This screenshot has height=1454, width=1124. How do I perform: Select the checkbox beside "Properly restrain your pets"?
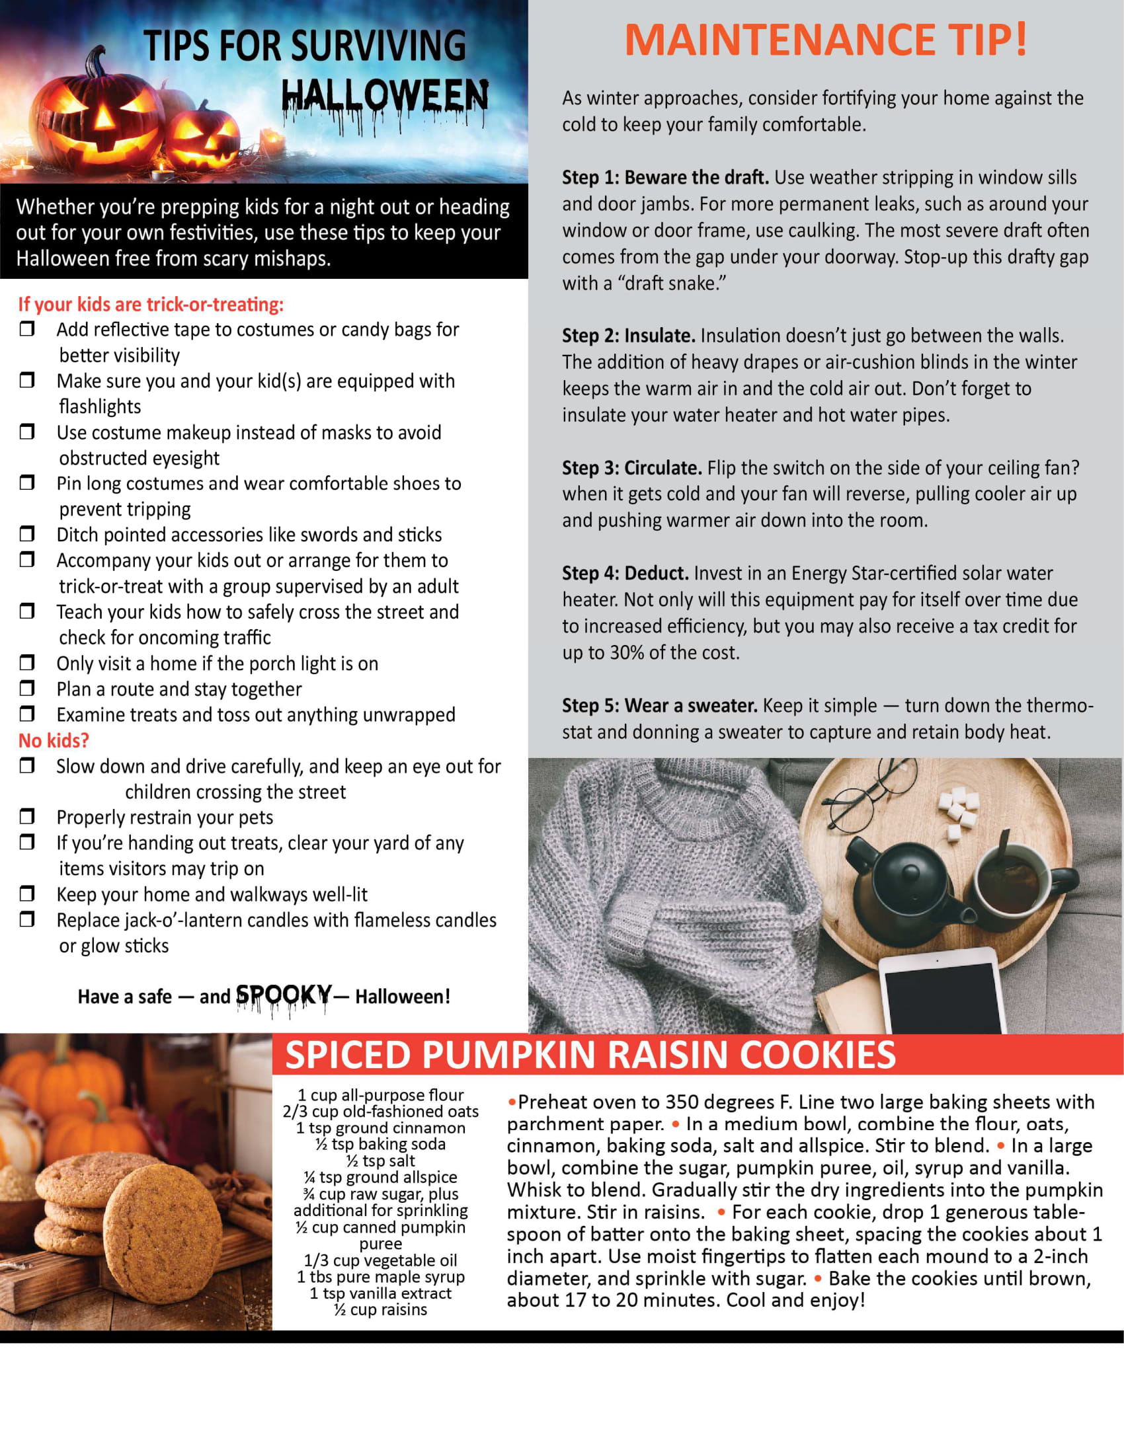(x=26, y=816)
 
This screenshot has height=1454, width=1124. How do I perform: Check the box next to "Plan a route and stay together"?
(x=26, y=688)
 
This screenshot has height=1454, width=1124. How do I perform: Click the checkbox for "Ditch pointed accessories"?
(x=26, y=533)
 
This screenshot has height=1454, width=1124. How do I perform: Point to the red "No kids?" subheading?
(x=54, y=740)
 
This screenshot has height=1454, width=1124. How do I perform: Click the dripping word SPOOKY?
(x=284, y=996)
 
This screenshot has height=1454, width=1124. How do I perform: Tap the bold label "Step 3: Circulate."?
(x=631, y=468)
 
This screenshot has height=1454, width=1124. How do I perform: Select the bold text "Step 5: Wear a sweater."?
(x=659, y=706)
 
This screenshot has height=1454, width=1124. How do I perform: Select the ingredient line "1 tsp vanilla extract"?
(x=380, y=1293)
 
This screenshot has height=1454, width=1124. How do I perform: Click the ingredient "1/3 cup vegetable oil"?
(x=380, y=1260)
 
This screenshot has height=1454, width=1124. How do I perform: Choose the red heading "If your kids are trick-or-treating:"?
(x=151, y=304)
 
